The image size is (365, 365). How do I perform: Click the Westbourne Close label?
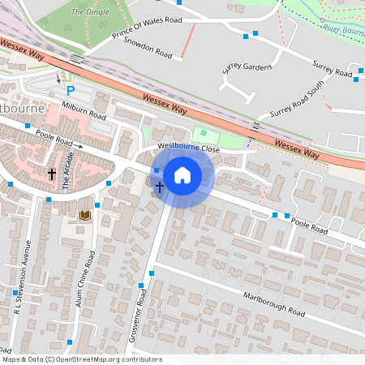pyautogui.click(x=188, y=148)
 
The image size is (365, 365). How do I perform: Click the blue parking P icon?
pyautogui.click(x=71, y=91)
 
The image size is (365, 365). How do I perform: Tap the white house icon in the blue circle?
pyautogui.click(x=182, y=174)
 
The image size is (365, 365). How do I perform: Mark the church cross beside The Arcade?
pyautogui.click(x=52, y=174)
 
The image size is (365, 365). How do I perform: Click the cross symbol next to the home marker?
pyautogui.click(x=159, y=187)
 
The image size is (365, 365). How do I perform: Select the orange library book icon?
pyautogui.click(x=84, y=215)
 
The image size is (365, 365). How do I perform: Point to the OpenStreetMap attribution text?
pyautogui.click(x=82, y=359)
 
